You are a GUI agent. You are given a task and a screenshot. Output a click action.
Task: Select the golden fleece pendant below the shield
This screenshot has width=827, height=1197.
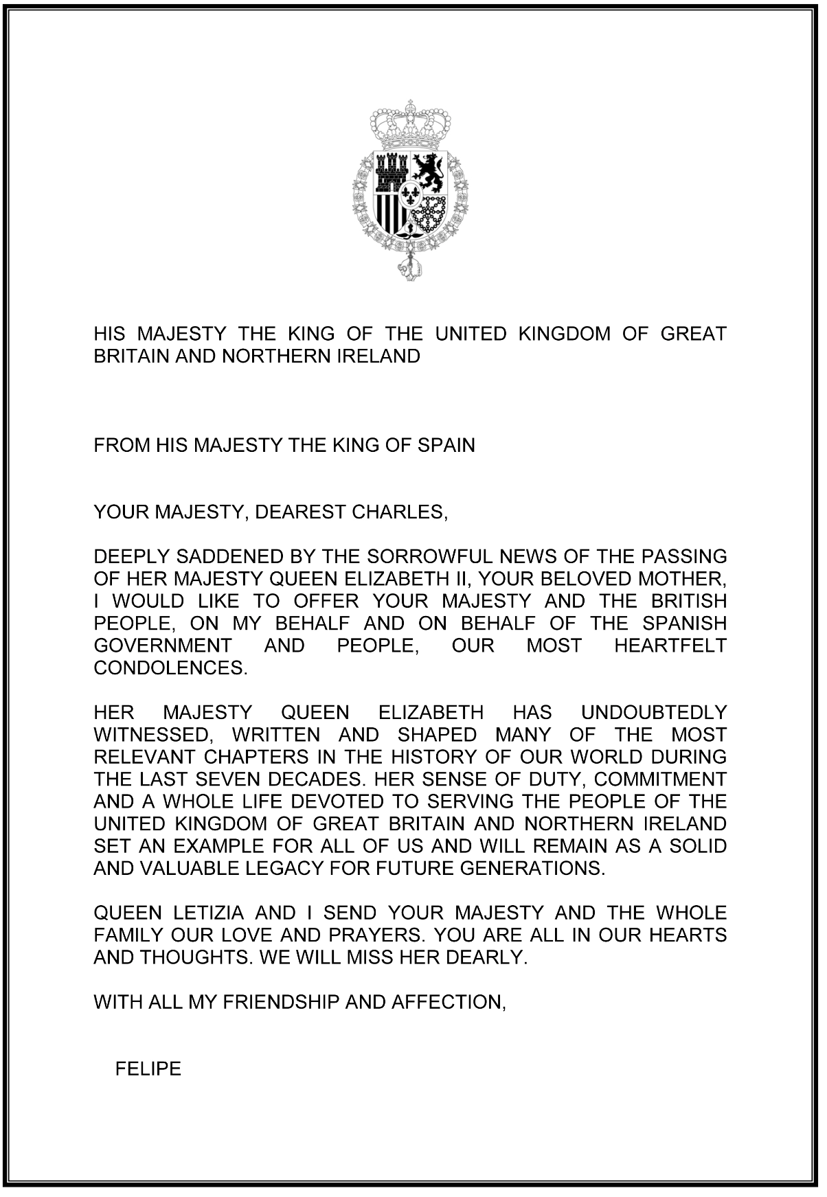tap(410, 269)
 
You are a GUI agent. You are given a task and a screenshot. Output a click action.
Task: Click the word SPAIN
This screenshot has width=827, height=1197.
tap(446, 446)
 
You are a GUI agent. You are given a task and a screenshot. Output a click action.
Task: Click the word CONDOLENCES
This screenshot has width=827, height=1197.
tap(170, 668)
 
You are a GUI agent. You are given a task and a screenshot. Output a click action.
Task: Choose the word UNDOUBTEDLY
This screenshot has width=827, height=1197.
tap(654, 713)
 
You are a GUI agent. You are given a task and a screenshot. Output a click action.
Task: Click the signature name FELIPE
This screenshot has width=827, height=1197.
tap(148, 1069)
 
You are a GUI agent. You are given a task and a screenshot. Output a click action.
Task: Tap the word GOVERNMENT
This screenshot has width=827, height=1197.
tap(163, 646)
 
